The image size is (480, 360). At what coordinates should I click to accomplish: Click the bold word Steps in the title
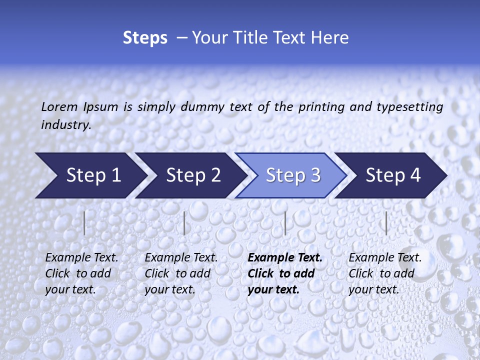point(145,38)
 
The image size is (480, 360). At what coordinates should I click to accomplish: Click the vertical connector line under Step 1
point(84,223)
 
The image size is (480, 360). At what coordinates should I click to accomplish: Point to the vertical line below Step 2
point(184,223)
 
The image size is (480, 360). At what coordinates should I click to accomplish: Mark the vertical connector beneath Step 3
point(285,223)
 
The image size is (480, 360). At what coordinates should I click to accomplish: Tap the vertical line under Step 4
point(386,223)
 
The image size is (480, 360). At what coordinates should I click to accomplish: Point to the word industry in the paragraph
point(66,124)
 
